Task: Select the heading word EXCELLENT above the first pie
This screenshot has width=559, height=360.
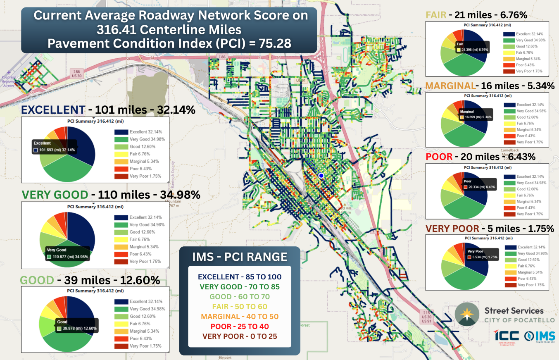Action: [53, 110]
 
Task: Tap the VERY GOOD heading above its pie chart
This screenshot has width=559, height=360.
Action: [55, 195]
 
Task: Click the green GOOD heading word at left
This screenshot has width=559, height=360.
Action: [37, 280]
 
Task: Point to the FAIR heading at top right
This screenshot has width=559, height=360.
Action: [436, 15]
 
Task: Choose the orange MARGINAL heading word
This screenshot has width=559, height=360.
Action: [450, 86]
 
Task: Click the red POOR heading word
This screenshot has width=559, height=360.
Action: [440, 157]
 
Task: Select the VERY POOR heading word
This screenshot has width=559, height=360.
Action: [452, 229]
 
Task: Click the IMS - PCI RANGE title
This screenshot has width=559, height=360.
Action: [240, 257]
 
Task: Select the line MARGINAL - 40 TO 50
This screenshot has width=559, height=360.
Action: [240, 316]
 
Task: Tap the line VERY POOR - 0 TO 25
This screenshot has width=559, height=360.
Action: [240, 336]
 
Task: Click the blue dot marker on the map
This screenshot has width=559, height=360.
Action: [321, 176]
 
